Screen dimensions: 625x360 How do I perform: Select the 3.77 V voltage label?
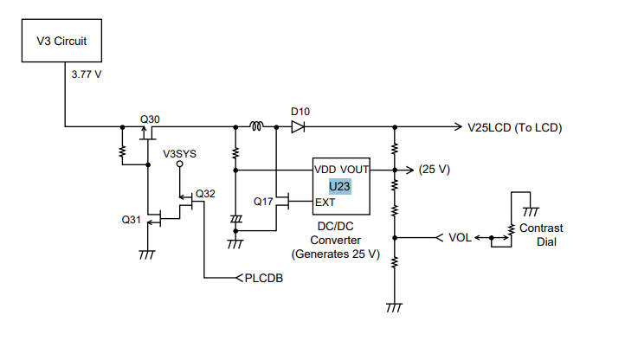[87, 74]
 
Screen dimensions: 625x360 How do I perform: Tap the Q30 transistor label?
[150, 119]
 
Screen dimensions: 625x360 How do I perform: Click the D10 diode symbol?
[298, 127]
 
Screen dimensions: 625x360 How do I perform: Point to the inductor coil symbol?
[256, 126]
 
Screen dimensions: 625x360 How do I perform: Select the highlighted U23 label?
[339, 187]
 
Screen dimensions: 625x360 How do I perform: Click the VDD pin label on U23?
[325, 170]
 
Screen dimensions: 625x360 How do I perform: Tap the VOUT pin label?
[354, 170]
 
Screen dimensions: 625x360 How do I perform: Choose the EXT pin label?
[325, 202]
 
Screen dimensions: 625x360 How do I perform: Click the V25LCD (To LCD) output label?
[514, 127]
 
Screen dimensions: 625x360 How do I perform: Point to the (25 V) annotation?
[434, 170]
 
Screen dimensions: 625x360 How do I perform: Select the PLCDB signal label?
[263, 279]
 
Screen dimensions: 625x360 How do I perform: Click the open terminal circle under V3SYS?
[180, 164]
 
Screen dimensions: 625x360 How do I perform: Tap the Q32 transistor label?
[205, 194]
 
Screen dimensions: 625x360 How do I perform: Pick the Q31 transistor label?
[131, 220]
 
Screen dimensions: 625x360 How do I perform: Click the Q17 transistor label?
[263, 202]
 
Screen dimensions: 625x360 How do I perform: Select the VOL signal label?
[460, 238]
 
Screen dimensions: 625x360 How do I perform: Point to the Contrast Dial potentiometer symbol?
[511, 230]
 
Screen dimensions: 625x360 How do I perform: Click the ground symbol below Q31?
[147, 254]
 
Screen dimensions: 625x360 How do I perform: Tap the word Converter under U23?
[335, 241]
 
